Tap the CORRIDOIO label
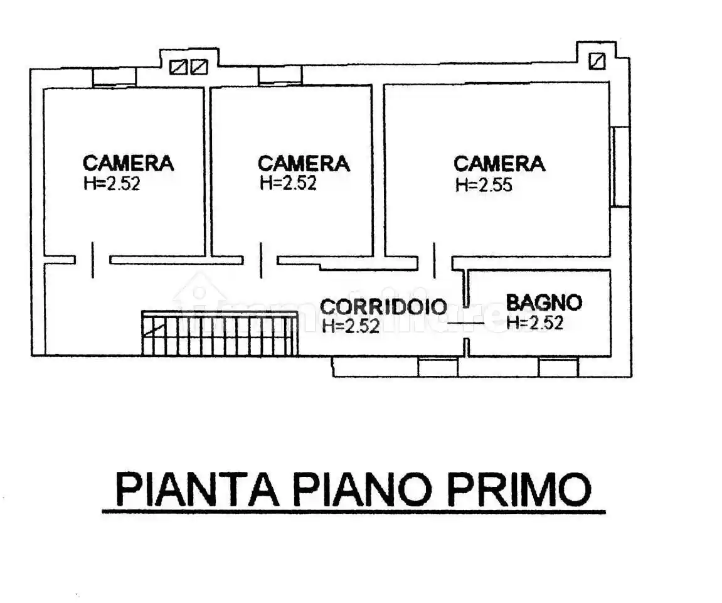point(383,307)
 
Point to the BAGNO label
point(544,303)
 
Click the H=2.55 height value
point(484,185)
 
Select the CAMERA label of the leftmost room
point(128,163)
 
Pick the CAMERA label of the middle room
point(304,164)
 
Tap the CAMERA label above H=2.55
point(499,164)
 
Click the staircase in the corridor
point(219,334)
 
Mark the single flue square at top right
point(597,61)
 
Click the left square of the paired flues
point(178,67)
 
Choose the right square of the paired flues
point(198,67)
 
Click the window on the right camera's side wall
point(620,166)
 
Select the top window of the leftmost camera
point(114,77)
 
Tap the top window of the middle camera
point(280,75)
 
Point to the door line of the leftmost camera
point(93,260)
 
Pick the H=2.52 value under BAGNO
point(534,323)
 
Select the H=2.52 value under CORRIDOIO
point(351,326)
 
